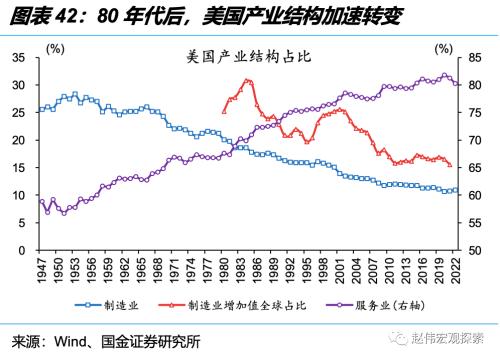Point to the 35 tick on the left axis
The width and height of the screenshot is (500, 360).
tap(19, 59)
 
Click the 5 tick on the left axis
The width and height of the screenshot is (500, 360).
tap(22, 223)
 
